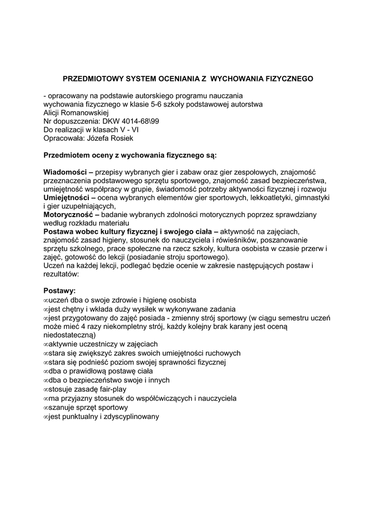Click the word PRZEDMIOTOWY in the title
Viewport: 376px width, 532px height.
[89, 79]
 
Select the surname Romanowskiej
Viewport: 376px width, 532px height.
[85, 113]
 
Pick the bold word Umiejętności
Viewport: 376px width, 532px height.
[66, 197]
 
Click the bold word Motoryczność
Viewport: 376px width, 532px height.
[68, 214]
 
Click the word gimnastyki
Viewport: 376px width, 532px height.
[311, 197]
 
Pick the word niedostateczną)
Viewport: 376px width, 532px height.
[73, 335]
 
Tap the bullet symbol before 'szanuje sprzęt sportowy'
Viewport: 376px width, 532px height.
[46, 408]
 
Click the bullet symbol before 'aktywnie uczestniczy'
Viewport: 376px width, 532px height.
[46, 344]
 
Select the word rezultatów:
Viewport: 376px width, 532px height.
[61, 273]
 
